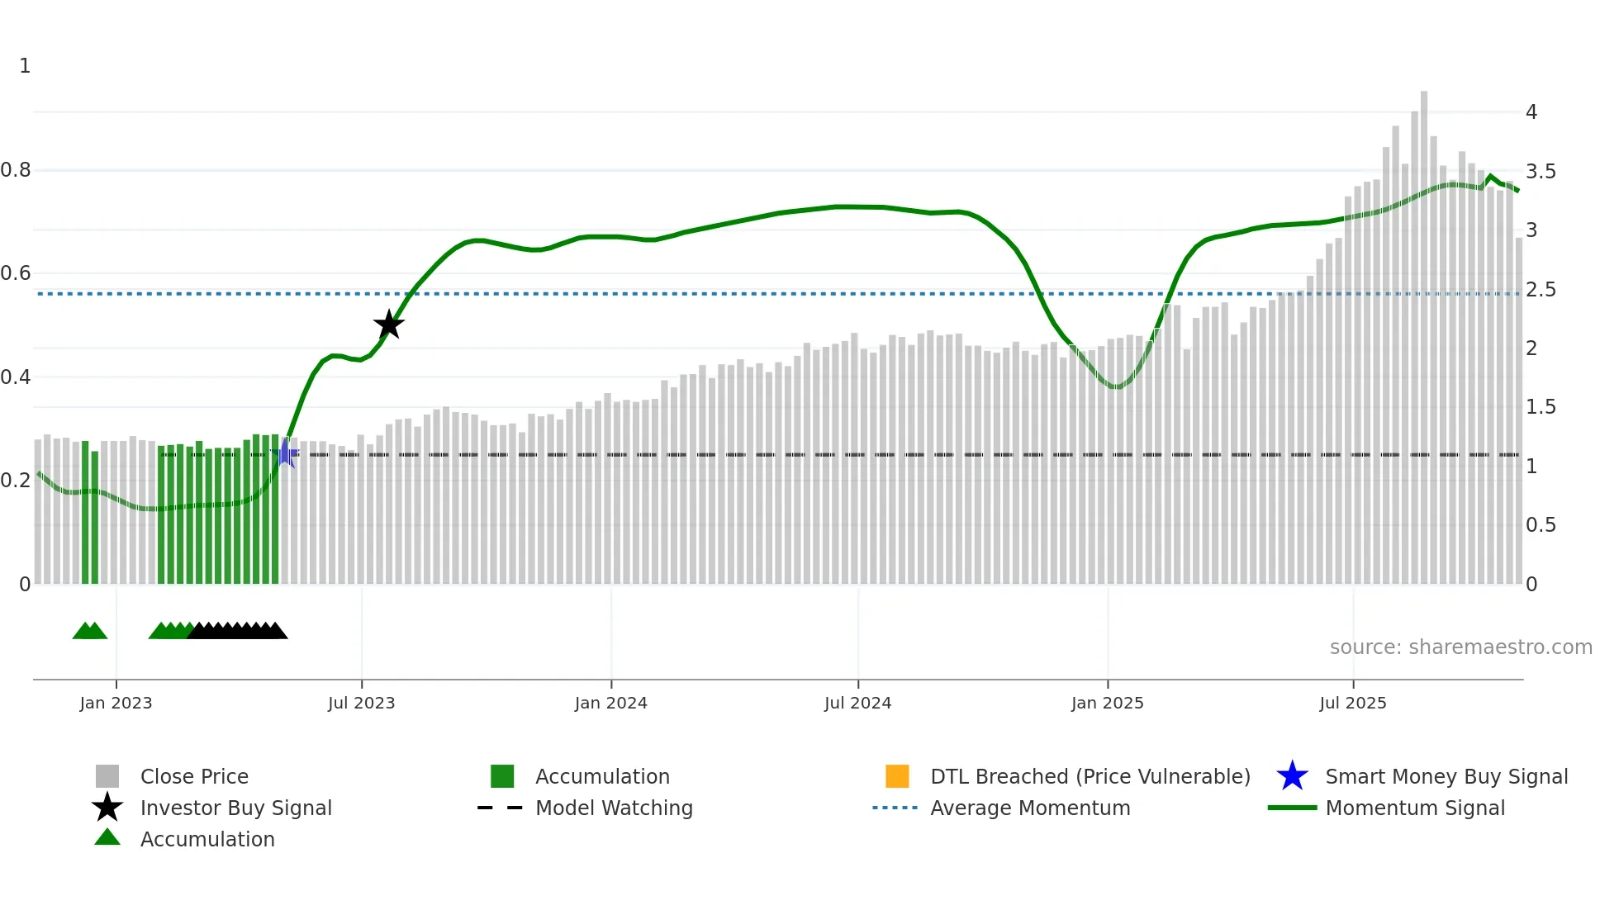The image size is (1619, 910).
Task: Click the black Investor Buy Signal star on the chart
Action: pyautogui.click(x=388, y=325)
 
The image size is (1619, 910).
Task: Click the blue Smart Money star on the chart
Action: pyautogui.click(x=285, y=453)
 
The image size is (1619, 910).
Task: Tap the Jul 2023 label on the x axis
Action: pyautogui.click(x=361, y=703)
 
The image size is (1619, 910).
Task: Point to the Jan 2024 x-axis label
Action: pyautogui.click(x=610, y=703)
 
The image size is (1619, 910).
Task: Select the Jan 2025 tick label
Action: pyautogui.click(x=1107, y=703)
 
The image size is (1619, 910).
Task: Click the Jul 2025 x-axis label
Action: pyautogui.click(x=1352, y=703)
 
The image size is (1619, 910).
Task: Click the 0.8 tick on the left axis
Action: pyautogui.click(x=16, y=170)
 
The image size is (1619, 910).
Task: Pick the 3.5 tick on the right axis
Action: pyautogui.click(x=1541, y=172)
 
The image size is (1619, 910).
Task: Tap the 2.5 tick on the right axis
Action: pyautogui.click(x=1541, y=290)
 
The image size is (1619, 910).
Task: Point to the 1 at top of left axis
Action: pyautogui.click(x=25, y=66)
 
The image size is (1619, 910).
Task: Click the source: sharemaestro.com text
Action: pyautogui.click(x=1460, y=647)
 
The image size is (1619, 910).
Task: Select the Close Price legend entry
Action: pyautogui.click(x=194, y=776)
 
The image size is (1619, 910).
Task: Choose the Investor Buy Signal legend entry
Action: pyautogui.click(x=235, y=808)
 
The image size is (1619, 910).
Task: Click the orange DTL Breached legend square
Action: pyautogui.click(x=897, y=776)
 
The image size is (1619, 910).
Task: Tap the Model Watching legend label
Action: pyautogui.click(x=614, y=808)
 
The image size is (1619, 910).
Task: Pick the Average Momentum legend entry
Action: pyautogui.click(x=1030, y=808)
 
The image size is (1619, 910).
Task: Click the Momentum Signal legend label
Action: pyautogui.click(x=1415, y=808)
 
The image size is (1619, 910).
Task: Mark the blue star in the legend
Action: pyautogui.click(x=1292, y=776)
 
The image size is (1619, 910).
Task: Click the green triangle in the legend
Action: pyautogui.click(x=107, y=837)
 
